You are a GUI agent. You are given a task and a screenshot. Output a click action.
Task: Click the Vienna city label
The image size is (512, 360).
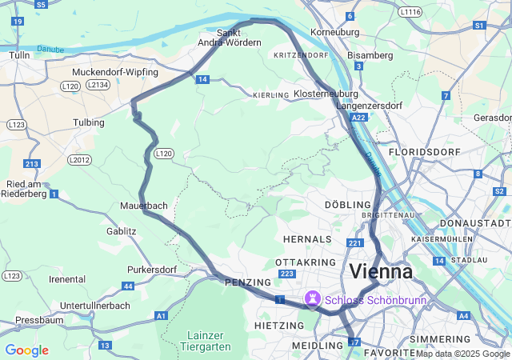[381, 271]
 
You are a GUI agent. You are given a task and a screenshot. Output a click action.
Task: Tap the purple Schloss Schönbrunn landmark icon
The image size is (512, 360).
[310, 300]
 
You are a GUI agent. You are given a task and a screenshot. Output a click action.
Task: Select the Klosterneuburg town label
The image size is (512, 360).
[325, 94]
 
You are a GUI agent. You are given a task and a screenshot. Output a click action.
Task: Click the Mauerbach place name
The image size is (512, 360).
[145, 206]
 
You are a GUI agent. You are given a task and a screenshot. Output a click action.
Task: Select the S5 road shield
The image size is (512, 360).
[41, 4]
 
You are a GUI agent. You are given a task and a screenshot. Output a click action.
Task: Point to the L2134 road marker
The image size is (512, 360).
[98, 84]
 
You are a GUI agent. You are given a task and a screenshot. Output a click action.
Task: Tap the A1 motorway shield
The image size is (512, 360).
[161, 317]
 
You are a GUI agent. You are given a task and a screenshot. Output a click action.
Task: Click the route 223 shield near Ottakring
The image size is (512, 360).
[286, 274]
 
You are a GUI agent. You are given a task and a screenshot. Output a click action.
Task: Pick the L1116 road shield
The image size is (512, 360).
[410, 12]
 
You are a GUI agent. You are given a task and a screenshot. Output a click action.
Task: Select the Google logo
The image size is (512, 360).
[26, 350]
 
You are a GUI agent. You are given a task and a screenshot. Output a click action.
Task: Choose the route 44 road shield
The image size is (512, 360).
[128, 286]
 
